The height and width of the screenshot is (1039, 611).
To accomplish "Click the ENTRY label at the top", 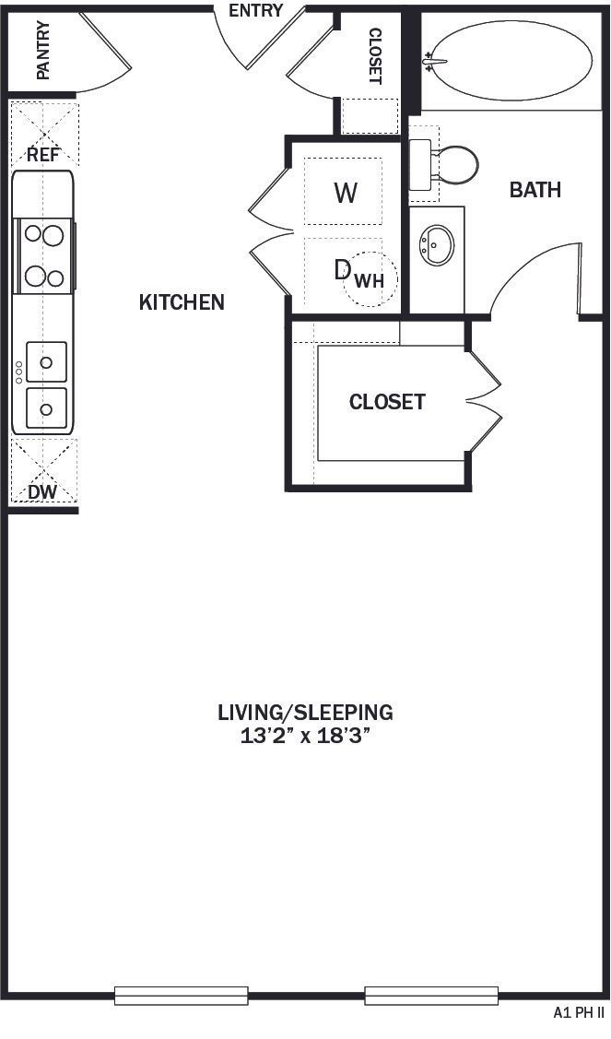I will pos(255,11).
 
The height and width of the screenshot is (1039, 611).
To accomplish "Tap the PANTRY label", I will pos(42,51).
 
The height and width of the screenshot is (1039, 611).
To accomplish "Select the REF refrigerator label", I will pos(42,154).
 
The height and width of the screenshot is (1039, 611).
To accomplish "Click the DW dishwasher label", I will pos(41,492).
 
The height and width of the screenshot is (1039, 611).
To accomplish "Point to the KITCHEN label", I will pos(182,302).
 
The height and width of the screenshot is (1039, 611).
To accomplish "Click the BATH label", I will pos(535,190).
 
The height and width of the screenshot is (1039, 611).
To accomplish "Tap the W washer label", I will pos(345,193).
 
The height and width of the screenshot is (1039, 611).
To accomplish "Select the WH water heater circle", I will pos(370,278).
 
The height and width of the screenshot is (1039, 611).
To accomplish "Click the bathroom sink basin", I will pos(436,244).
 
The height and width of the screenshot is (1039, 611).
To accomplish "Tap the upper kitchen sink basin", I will pos(46,361).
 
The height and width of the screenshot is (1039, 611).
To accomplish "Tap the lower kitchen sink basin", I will pos(46,407).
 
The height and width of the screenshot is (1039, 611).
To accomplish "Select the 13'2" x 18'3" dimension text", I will pos(305,736).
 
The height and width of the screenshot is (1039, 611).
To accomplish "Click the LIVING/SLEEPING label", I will pos(305,712).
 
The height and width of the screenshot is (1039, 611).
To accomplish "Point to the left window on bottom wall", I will pos(182,996).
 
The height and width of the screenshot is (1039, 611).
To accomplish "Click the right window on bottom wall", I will pos(431,996).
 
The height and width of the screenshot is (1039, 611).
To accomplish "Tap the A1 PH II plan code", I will pos(578,1012).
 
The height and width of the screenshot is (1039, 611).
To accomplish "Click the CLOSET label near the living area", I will pos(387,402).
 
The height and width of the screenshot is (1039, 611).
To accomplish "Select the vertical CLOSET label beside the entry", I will pos(374,55).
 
